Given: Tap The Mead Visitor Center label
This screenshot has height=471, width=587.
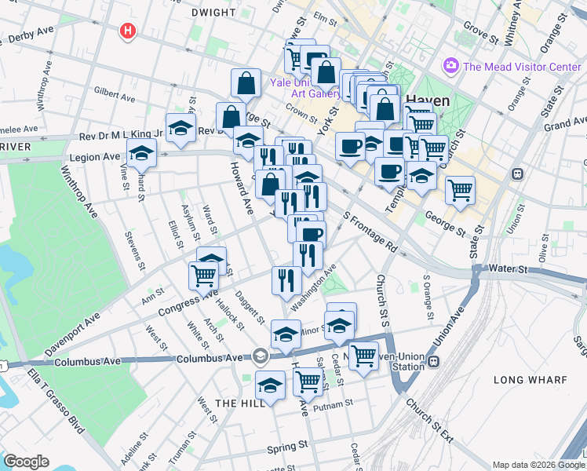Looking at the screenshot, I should tap(522, 67).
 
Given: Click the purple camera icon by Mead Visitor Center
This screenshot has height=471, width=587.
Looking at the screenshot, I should tap(451, 65).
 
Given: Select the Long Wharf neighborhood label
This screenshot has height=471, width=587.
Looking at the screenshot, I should tap(530, 380).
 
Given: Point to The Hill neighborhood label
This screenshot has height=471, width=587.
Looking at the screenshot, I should tap(235, 403).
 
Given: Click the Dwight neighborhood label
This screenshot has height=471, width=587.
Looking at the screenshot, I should tap(213, 13).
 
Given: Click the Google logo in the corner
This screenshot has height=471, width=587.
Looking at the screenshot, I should tap(26, 461).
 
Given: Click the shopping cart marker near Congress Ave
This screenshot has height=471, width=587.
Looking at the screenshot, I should tap(203, 275).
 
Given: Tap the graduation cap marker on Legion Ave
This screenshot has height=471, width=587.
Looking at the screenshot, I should tap(142, 154).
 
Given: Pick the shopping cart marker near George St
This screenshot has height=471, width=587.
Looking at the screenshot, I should tap(460, 189).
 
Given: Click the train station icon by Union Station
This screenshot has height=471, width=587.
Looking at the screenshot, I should tap(434, 362).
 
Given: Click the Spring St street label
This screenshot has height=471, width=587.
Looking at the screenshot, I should tap(286, 447).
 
